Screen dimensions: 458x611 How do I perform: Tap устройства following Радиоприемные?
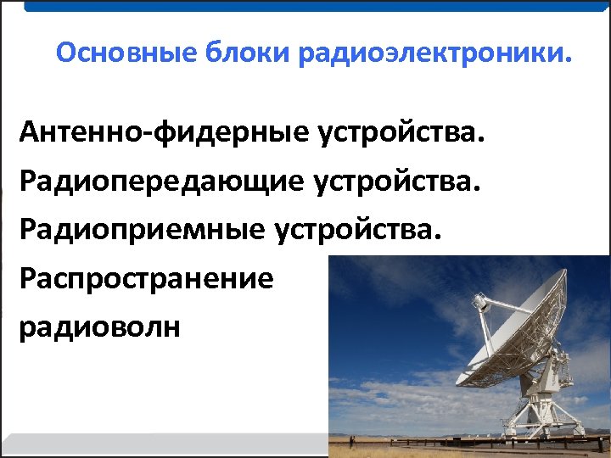(x=362, y=229)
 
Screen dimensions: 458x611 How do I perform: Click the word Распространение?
(x=146, y=278)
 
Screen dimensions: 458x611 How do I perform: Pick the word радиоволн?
(x=99, y=327)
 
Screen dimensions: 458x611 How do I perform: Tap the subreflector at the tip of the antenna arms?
(x=480, y=302)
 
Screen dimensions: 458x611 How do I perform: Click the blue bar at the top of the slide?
(x=314, y=5)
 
